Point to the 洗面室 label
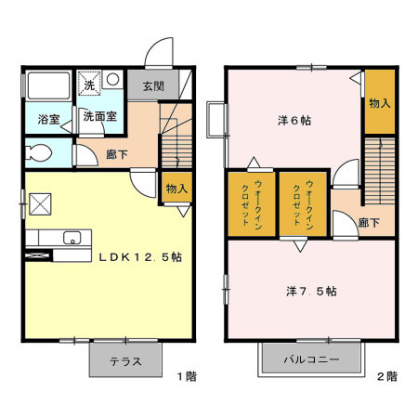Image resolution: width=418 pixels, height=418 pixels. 98,118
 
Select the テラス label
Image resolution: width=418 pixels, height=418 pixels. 125,362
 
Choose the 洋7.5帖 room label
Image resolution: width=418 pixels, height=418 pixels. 310,291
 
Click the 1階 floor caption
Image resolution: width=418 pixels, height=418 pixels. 186,377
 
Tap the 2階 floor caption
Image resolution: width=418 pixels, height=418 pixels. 387,377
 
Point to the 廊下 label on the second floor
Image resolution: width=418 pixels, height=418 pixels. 369,223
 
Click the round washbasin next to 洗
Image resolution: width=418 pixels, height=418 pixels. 111,80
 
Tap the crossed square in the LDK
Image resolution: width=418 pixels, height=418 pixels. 41,203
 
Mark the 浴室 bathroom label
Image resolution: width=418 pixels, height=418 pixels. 48,120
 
